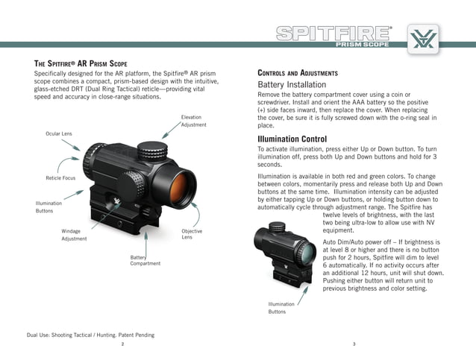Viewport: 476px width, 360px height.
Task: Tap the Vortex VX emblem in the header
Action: [x=423, y=37]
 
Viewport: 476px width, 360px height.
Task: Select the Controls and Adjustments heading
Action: [x=298, y=73]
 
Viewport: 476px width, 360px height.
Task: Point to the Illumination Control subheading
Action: [x=292, y=139]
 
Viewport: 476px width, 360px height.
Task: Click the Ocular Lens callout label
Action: [x=58, y=133]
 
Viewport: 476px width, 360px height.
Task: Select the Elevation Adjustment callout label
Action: [x=192, y=121]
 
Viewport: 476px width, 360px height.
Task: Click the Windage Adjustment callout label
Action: [x=74, y=235]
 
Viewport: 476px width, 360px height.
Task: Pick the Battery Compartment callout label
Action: [x=145, y=260]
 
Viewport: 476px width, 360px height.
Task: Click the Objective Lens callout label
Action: [x=192, y=234]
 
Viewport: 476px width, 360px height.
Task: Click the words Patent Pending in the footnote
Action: [x=134, y=335]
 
